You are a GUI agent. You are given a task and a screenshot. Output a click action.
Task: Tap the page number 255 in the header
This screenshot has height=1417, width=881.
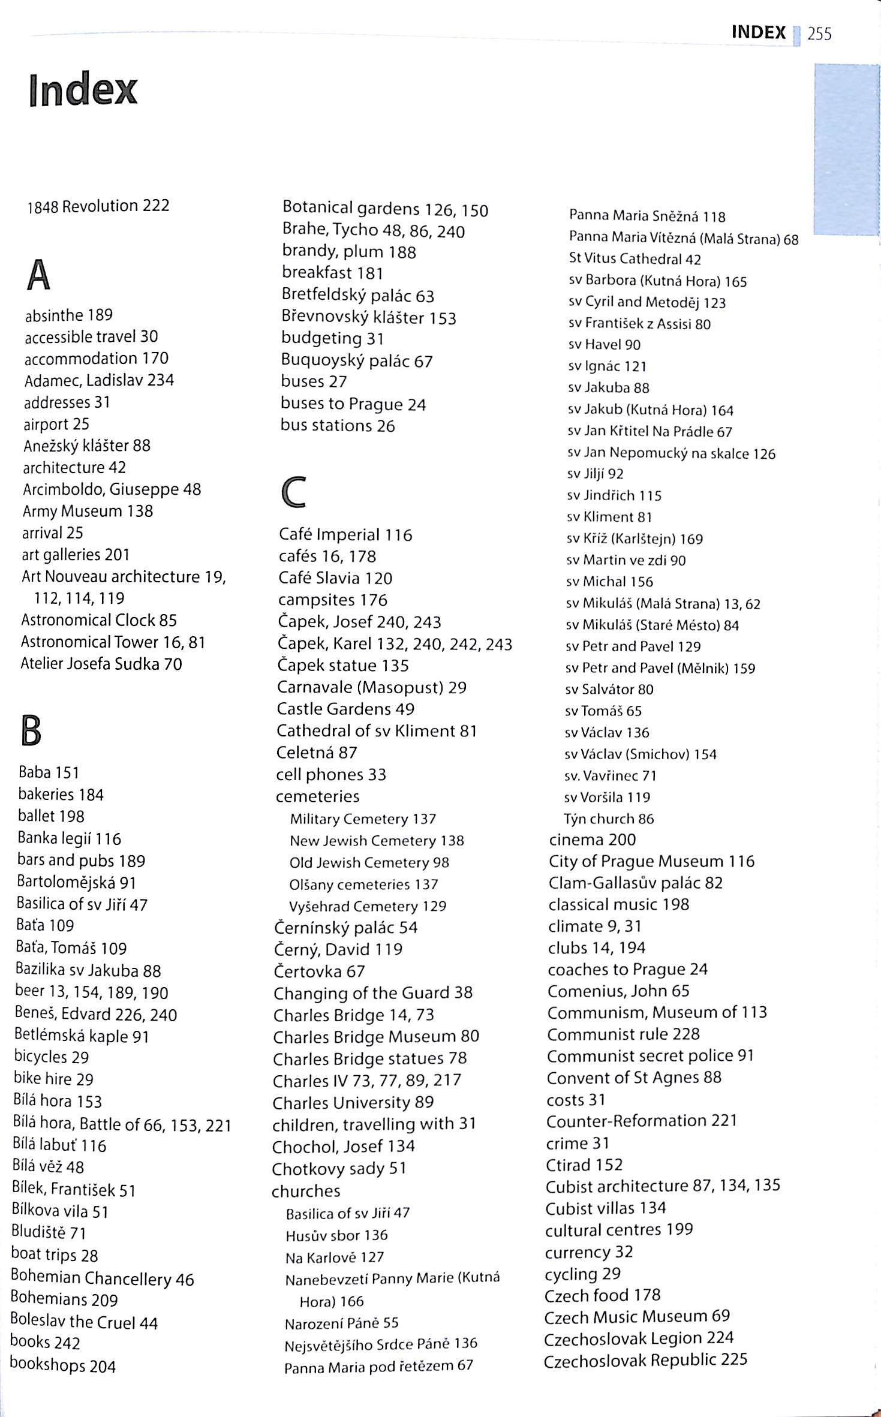coord(819,34)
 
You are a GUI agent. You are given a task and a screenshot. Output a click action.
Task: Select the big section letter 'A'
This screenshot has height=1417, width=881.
coord(38,275)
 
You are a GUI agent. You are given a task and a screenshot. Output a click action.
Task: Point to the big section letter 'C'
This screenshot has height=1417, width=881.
coord(294,492)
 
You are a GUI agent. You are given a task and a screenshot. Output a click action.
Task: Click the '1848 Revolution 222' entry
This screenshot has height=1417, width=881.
coord(98,206)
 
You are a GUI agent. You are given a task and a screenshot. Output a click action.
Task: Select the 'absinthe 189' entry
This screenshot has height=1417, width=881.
coord(68,315)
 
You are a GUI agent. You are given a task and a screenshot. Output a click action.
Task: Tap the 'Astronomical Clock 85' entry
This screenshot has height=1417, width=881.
coord(99,620)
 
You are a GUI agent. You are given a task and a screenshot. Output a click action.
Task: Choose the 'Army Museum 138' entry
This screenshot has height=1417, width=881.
coord(88,511)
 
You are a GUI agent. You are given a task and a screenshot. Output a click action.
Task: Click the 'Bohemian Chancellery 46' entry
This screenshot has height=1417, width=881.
coord(103,1279)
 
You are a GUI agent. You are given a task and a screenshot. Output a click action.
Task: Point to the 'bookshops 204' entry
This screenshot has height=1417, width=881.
coord(62,1365)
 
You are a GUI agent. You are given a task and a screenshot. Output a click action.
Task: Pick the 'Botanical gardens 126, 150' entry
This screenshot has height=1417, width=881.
coord(385,209)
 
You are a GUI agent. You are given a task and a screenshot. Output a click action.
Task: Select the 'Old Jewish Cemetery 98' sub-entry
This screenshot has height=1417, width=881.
coord(369,862)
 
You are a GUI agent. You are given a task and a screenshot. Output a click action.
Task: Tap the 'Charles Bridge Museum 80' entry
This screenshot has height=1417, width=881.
coord(376,1036)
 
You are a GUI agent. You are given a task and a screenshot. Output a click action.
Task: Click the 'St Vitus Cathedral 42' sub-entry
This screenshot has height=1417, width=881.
coord(635,259)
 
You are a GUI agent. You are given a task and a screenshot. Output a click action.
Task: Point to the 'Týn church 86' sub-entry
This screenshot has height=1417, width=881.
coord(608,819)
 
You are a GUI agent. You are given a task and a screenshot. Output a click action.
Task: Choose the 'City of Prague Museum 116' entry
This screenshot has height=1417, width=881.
coord(651,861)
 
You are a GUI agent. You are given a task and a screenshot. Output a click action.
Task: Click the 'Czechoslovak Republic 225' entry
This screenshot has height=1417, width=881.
coord(645,1359)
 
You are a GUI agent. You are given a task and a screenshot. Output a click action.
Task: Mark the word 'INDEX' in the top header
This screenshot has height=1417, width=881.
coord(758,32)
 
